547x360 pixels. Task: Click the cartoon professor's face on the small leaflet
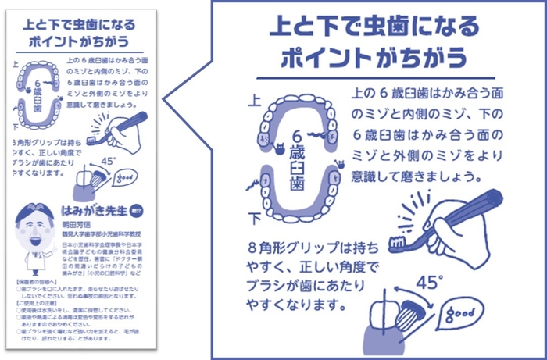(x=34, y=223)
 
